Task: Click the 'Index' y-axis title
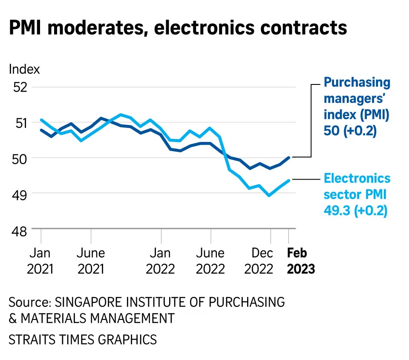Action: [x=24, y=69]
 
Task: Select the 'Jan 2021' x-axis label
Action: [x=41, y=261]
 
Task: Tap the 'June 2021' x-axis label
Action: [x=90, y=261]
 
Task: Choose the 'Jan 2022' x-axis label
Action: [x=161, y=261]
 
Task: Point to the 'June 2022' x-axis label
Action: [x=210, y=261]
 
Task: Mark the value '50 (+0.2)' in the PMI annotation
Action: [x=350, y=132]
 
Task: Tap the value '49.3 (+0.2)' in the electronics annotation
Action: [x=356, y=211]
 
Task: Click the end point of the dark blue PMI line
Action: [x=289, y=157]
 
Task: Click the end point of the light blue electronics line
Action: [x=289, y=180]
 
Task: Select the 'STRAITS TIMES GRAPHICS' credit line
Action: [x=83, y=340]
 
